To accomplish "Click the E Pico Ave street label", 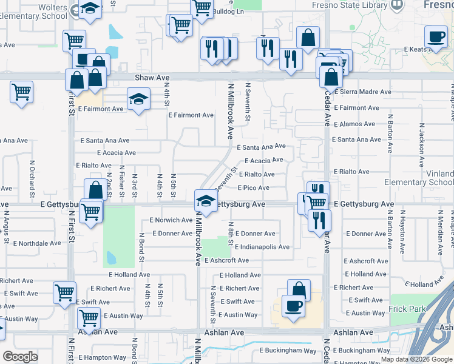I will click(253, 188).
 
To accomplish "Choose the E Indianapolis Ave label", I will click(262, 247).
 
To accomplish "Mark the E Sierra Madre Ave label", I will click(362, 92).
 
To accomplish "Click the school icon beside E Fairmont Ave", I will click(138, 98).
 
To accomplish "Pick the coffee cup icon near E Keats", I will click(435, 36).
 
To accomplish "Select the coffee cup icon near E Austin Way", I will click(294, 306).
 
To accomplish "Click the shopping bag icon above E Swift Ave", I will click(299, 289).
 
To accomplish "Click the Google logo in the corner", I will click(20, 357).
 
